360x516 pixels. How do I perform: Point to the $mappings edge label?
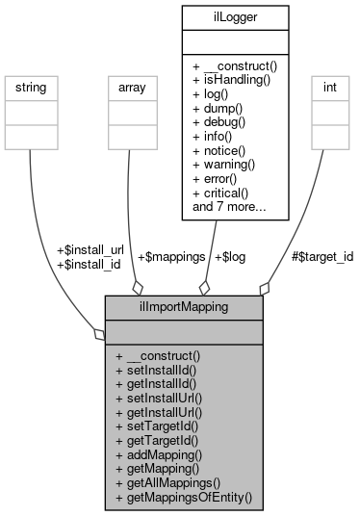[170, 257]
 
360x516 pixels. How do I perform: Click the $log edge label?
[229, 257]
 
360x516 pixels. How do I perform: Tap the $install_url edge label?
[91, 250]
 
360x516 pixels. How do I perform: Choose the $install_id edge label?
[90, 264]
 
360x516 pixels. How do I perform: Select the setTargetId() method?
[159, 426]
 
